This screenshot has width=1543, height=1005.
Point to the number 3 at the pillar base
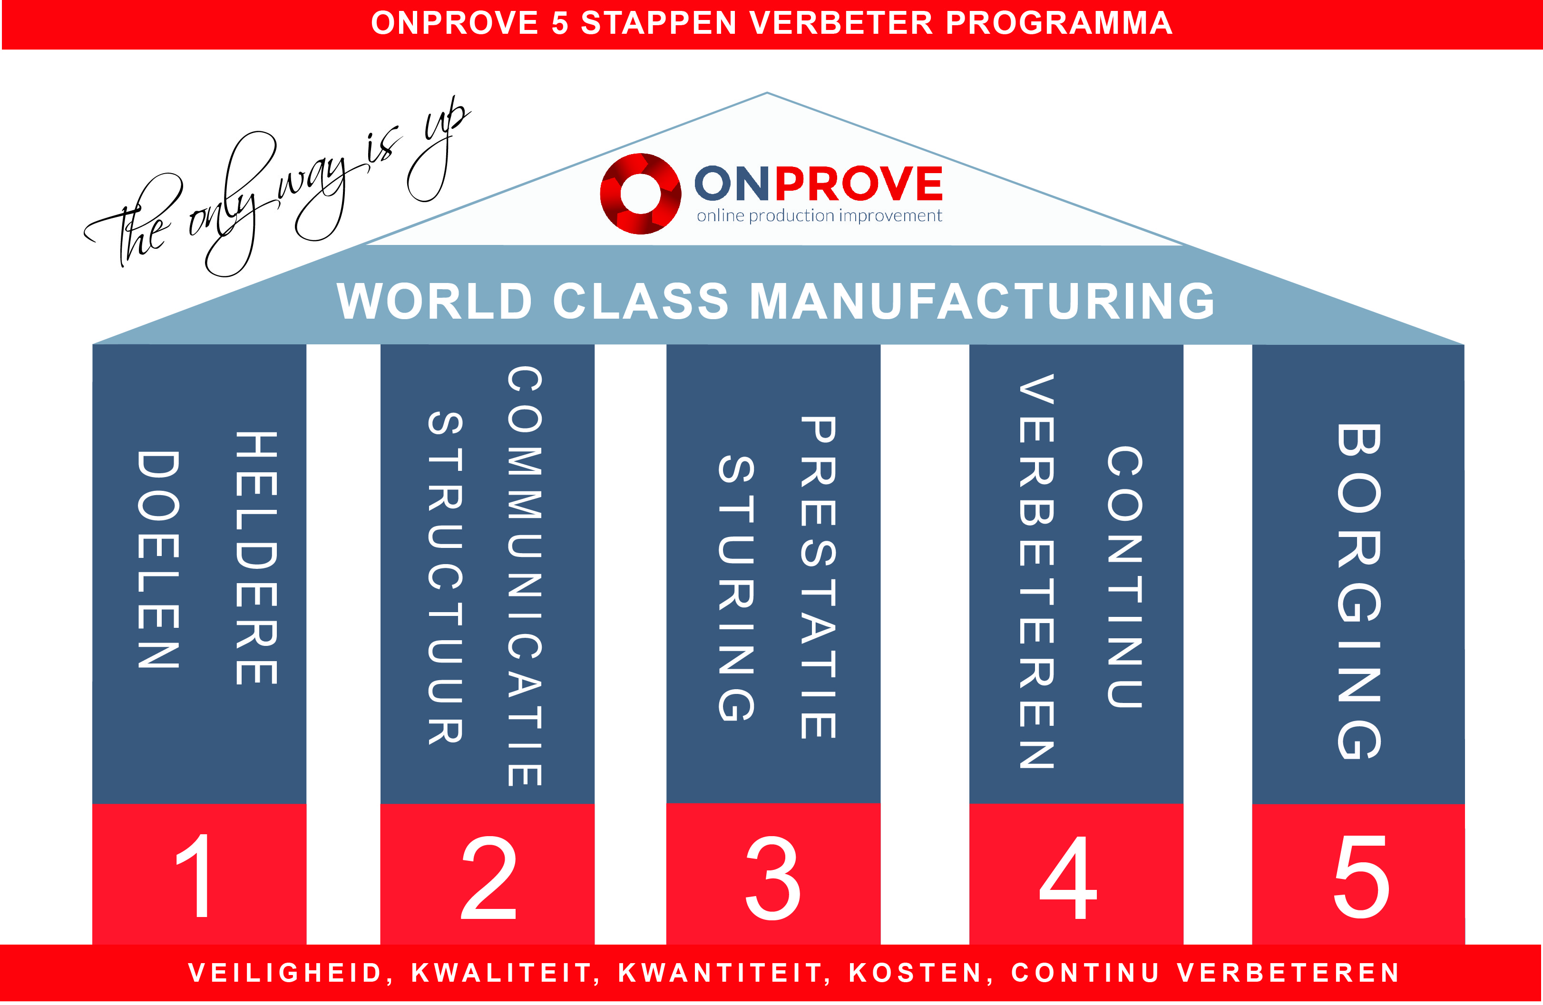(773, 878)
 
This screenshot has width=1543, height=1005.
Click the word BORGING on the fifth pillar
(1359, 591)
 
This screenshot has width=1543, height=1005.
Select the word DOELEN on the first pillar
(158, 559)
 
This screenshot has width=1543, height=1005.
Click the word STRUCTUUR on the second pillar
(445, 577)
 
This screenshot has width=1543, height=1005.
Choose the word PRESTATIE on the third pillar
(818, 577)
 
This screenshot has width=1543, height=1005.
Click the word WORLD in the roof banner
(434, 301)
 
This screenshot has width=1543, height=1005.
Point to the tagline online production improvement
(819, 215)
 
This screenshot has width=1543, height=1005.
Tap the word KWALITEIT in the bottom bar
(501, 973)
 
